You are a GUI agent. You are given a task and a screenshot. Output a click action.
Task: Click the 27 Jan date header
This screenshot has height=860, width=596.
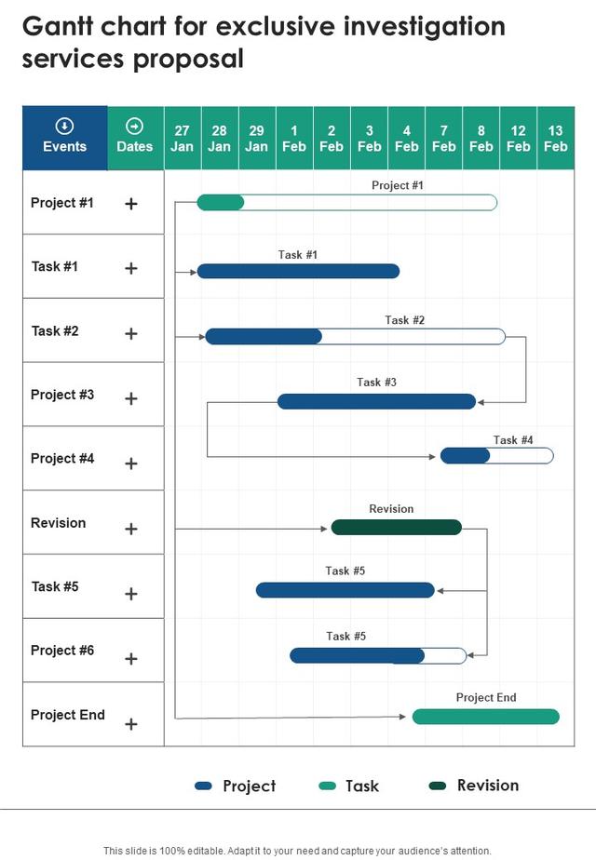click(183, 138)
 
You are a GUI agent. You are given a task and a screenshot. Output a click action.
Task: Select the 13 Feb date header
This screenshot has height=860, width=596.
click(555, 138)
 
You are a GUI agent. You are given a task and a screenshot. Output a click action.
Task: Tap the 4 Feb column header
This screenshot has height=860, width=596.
click(406, 138)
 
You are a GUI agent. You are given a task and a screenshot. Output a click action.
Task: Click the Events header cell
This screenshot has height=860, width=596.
click(65, 138)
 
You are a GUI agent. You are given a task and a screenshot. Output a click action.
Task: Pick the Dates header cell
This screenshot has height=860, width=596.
click(135, 138)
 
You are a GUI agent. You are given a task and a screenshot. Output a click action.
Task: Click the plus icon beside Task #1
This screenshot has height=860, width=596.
click(130, 268)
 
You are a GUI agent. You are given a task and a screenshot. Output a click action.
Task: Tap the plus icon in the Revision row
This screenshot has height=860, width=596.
click(130, 529)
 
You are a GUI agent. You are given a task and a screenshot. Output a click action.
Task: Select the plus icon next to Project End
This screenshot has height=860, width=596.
click(130, 724)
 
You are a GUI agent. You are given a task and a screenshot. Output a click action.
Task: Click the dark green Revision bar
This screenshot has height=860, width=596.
click(396, 527)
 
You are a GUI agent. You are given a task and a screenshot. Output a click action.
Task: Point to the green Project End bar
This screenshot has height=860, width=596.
click(486, 717)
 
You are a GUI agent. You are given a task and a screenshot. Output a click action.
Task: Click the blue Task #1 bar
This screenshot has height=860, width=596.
click(298, 271)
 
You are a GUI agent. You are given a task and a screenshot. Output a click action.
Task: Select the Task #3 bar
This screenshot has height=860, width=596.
click(376, 401)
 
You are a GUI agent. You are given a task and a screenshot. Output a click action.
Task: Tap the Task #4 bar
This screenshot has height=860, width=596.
click(496, 456)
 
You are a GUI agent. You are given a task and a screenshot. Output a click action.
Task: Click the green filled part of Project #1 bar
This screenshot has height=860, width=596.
click(220, 202)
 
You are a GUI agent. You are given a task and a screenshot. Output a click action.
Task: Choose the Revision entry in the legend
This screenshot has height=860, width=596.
click(474, 786)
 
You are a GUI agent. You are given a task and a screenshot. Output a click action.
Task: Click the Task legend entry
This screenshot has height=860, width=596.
click(349, 786)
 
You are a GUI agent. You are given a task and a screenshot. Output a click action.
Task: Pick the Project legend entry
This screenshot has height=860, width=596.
click(236, 786)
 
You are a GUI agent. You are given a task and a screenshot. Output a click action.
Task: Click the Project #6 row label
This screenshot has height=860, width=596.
click(62, 651)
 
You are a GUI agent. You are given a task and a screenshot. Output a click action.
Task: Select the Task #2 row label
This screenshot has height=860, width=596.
click(55, 330)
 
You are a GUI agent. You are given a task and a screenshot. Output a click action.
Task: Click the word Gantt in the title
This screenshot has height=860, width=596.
click(58, 26)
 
